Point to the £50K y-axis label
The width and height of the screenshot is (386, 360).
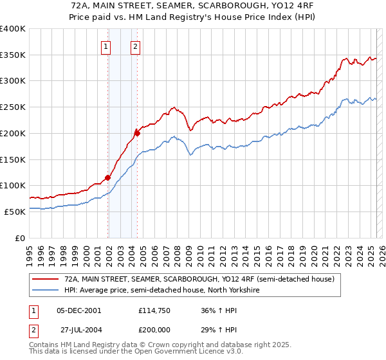tap(14, 212)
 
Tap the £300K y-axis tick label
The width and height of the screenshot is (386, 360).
tap(13, 81)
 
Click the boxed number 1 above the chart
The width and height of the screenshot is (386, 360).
tap(106, 46)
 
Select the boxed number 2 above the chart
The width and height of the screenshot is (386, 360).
tap(136, 46)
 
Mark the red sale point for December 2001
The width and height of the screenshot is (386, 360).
tap(107, 177)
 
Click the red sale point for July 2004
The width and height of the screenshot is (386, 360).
tap(138, 133)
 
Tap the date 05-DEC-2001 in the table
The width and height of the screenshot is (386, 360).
tap(79, 310)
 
